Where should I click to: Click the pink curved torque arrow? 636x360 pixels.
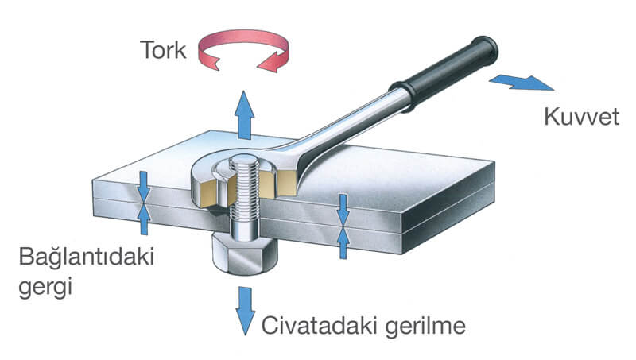pos(242,48)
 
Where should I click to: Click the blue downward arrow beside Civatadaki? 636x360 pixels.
pos(243,313)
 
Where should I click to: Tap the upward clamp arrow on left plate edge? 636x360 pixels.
pos(143,220)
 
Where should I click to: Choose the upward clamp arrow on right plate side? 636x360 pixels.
pos(343,242)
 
